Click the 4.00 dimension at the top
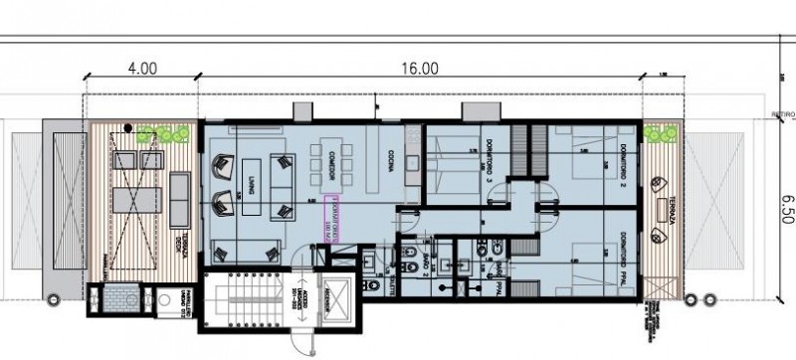pyautogui.click(x=142, y=69)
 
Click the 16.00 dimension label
pyautogui.click(x=421, y=69)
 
